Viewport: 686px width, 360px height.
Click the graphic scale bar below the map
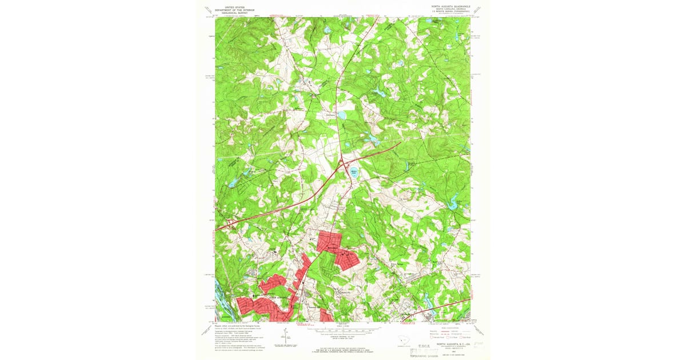click(x=343, y=330)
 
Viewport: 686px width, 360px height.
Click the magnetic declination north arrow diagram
click(x=286, y=335)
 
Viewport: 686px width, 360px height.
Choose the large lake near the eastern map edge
click(x=454, y=202)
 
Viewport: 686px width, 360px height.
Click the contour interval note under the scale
click(x=343, y=336)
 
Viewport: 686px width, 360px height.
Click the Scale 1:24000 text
click(x=343, y=326)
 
